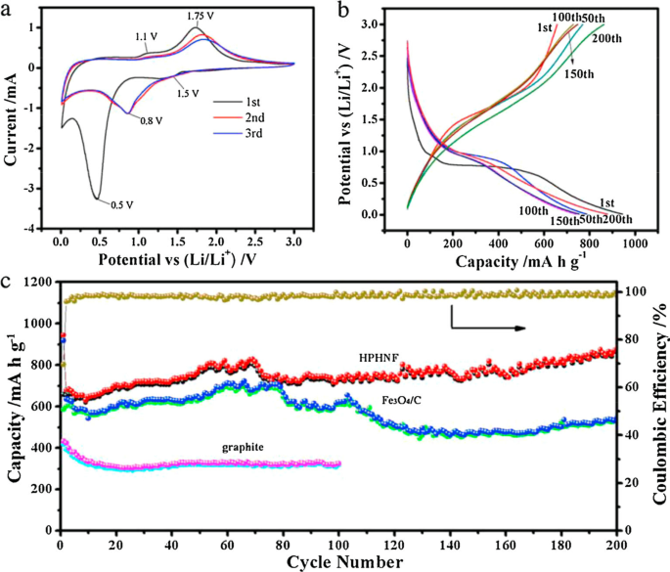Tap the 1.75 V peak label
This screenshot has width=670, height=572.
pyautogui.click(x=201, y=17)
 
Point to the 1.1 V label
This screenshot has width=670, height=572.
pyautogui.click(x=147, y=37)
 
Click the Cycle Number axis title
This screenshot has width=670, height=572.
pyautogui.click(x=338, y=562)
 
